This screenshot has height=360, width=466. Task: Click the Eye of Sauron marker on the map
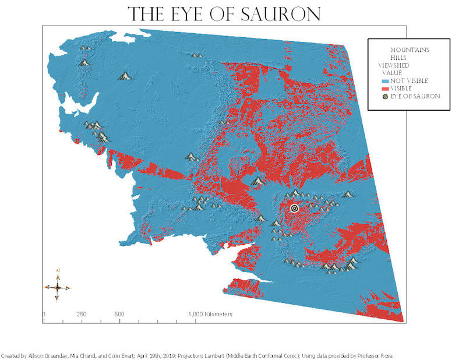point(294,208)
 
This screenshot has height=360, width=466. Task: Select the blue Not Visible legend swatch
point(386,80)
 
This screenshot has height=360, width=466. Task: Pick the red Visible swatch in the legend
point(386,88)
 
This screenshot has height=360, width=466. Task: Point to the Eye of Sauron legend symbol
point(386,96)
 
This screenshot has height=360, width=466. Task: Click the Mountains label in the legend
point(409,50)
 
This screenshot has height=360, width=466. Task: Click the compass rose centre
point(57,287)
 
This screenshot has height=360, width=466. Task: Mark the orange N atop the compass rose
point(57,270)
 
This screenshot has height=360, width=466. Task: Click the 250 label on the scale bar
point(82,315)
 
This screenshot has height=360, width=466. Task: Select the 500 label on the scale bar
point(119,315)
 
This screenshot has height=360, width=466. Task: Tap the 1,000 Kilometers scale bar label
point(210,315)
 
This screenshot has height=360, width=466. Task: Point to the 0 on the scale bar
point(44,315)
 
